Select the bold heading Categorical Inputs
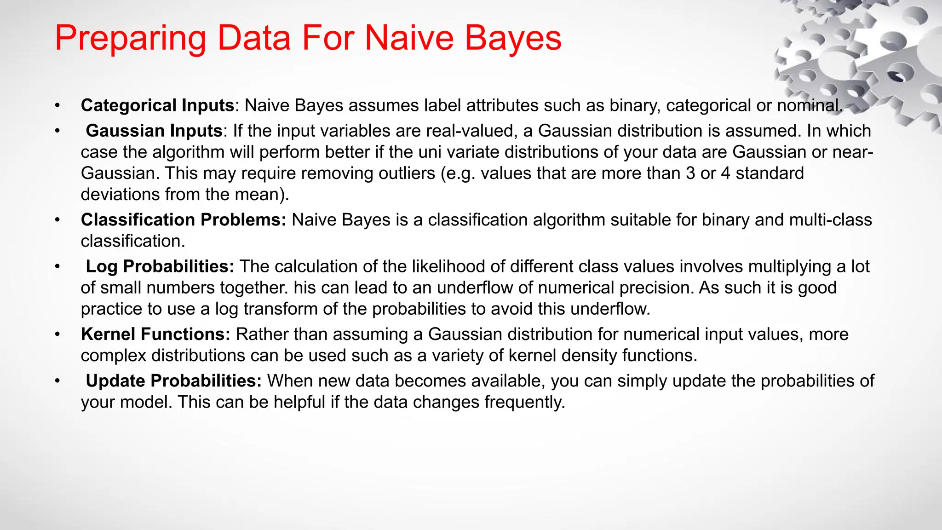click(157, 105)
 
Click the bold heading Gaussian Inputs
click(154, 131)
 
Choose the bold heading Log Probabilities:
click(160, 266)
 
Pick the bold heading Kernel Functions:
click(155, 334)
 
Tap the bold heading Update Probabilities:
click(174, 381)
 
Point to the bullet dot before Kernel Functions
click(57, 334)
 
